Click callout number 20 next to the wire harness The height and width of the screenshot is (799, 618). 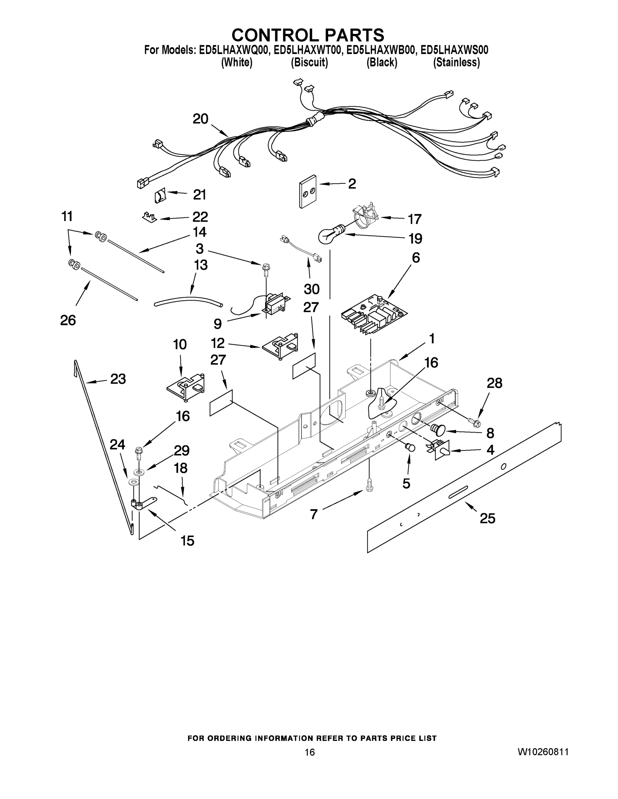tap(200, 119)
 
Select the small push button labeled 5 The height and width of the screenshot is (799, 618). tap(410, 447)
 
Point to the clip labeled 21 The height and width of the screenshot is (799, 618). tap(160, 196)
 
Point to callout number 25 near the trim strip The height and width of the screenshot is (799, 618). tap(487, 518)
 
